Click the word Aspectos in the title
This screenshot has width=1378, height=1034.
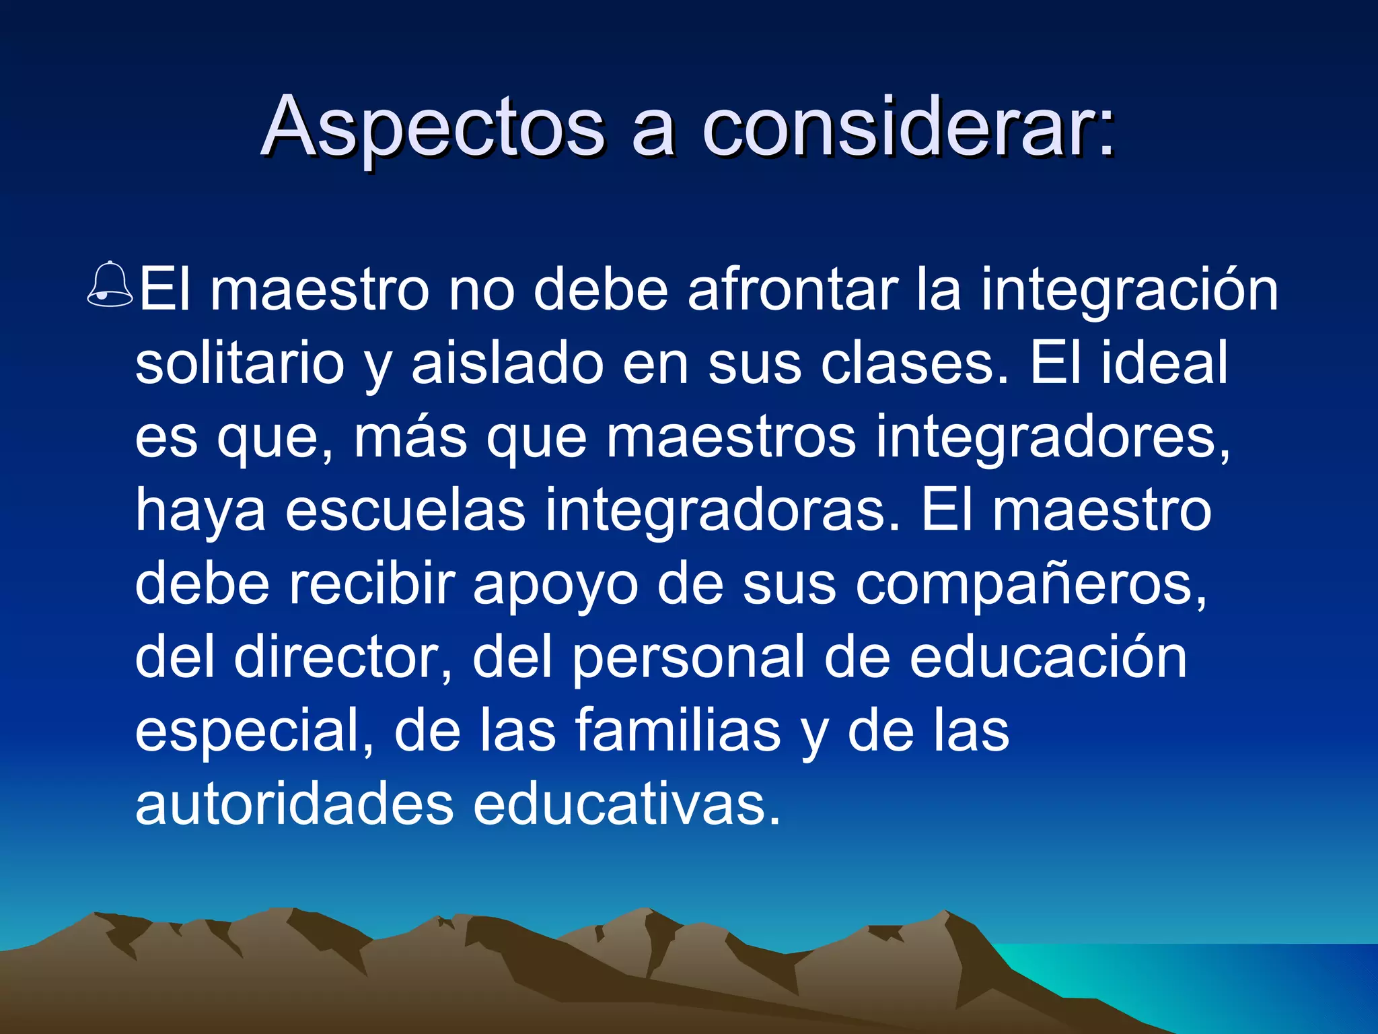pos(433,128)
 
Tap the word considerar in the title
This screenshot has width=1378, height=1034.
pos(908,128)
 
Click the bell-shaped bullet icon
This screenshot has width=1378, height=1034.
pos(110,285)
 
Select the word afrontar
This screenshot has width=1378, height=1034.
pos(793,291)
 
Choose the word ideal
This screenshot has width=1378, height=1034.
pos(1164,364)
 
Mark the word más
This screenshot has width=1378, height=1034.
pos(410,438)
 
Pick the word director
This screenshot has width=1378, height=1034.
pos(343,658)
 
